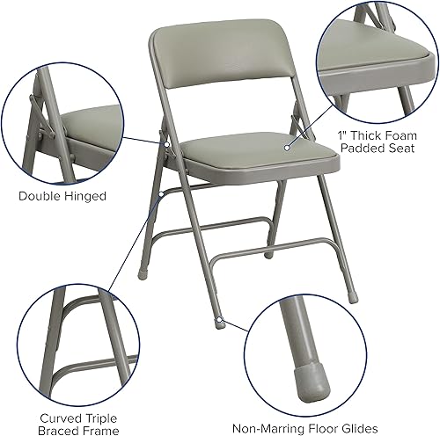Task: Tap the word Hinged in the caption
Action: (87, 196)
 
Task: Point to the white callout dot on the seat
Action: (288, 147)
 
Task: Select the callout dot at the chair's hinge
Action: (165, 135)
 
